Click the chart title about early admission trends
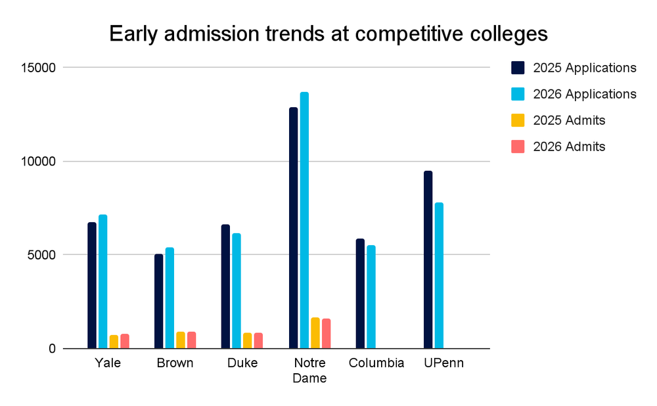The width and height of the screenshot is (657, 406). pos(328,34)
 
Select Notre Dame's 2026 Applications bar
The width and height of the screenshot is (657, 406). pos(304,220)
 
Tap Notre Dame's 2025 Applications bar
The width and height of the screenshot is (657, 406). pos(293,228)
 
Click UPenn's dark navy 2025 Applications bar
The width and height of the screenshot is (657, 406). pos(428,259)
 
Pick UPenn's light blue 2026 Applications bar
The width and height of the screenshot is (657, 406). pos(439,276)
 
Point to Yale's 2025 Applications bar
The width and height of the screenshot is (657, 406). pos(92,285)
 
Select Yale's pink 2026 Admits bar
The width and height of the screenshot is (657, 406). pos(125,341)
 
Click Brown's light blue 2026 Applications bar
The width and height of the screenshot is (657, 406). pos(170,298)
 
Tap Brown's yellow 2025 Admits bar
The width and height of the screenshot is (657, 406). pos(181,340)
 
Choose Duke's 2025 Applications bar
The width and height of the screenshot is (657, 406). pos(225,286)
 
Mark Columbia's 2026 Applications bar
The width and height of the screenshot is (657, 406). pos(371,297)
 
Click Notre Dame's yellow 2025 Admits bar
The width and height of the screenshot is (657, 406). pos(315,333)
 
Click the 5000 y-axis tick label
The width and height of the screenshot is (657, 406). pos(41,255)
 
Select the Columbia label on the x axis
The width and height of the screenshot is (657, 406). pos(376,363)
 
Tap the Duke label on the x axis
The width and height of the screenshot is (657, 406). pos(242,363)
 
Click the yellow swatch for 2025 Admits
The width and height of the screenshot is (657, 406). pos(518,120)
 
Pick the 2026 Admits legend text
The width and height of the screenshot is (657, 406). pos(569,147)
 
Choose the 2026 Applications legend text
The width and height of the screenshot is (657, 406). pos(585,94)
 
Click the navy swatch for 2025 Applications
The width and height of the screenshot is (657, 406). pos(518,68)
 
